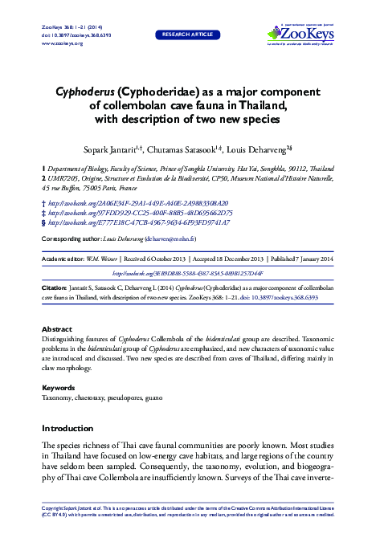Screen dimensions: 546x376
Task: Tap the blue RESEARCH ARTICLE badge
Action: point(187,35)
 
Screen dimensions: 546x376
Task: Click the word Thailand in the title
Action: point(251,105)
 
